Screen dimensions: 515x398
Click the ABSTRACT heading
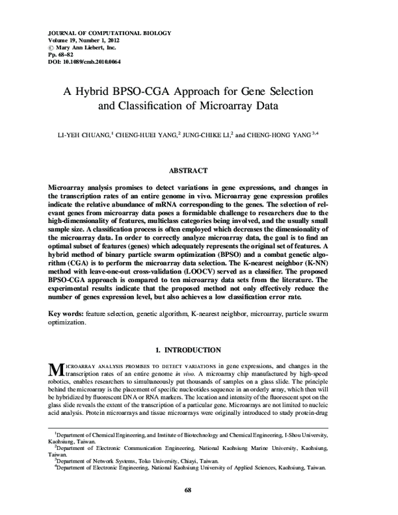199,170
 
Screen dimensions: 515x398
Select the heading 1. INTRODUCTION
198,349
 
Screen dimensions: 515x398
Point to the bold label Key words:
65,312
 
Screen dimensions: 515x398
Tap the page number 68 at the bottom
198,490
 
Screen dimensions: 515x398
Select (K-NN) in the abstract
332,262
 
